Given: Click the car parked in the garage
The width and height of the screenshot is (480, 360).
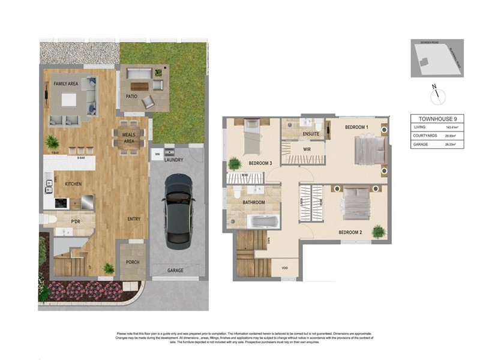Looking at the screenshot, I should point(179,208).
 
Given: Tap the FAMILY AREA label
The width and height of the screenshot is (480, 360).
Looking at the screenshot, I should point(67,83).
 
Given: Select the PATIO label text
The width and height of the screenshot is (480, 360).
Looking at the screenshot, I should point(132,95).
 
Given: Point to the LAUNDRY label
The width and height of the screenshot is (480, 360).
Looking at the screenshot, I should point(172,160).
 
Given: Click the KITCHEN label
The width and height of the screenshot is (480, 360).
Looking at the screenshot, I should point(74,184).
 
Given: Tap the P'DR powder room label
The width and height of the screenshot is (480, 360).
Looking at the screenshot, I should point(76,222).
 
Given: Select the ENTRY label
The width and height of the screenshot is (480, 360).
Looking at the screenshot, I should point(133,219).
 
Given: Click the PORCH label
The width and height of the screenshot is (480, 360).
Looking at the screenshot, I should point(132,262).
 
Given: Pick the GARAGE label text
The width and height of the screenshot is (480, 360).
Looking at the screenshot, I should point(175,271).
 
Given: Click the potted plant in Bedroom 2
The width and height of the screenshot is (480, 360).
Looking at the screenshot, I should point(378,231).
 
